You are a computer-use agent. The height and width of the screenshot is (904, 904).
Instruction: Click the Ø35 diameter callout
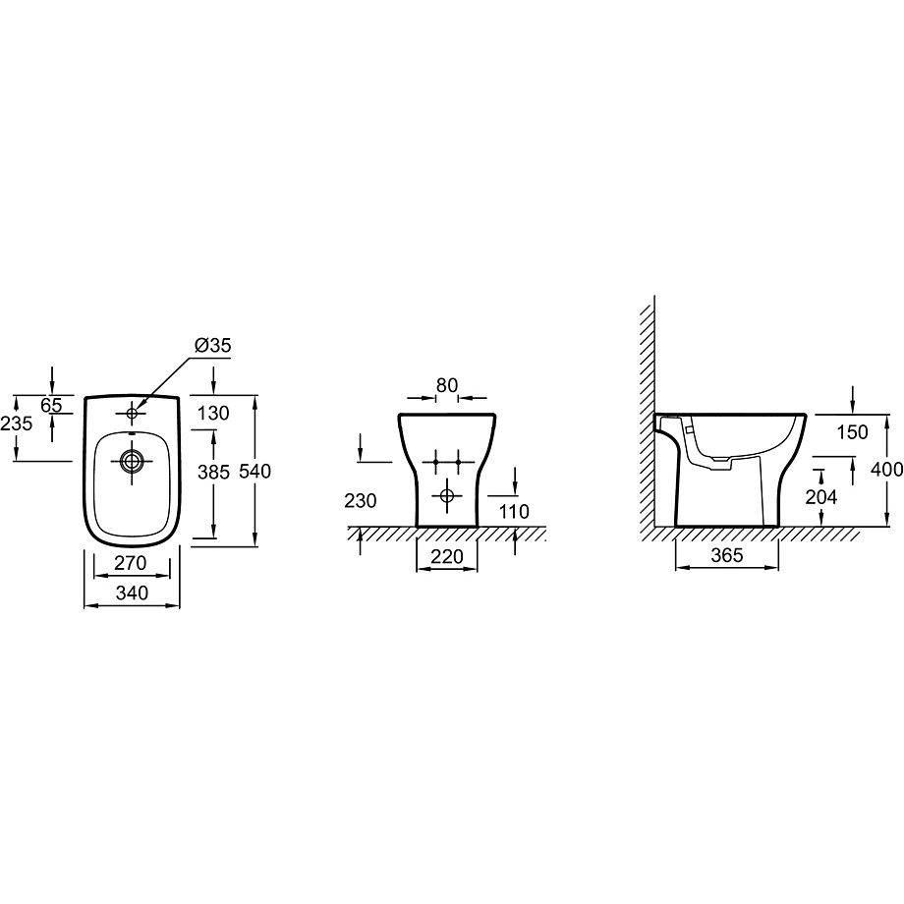(213, 345)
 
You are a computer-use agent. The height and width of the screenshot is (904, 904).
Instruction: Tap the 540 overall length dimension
(254, 472)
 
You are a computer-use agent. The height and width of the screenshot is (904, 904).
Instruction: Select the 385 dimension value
(213, 473)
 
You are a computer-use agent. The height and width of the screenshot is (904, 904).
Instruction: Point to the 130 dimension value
(213, 414)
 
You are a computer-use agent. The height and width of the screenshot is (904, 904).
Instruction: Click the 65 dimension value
(51, 405)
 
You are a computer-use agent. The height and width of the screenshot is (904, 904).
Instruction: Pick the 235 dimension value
(16, 424)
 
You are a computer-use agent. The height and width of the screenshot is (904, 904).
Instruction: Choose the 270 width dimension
(131, 563)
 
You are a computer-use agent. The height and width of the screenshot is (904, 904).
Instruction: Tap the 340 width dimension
(132, 593)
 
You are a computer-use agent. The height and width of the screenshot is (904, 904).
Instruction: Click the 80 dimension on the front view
(447, 385)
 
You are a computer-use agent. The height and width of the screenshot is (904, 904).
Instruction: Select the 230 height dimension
(361, 501)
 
